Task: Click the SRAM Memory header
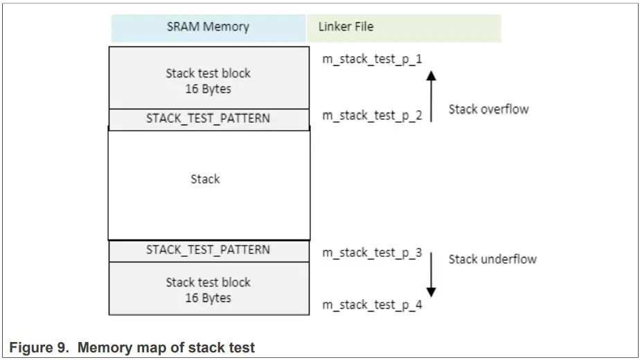208,28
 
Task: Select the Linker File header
346,27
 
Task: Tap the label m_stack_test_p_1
372,59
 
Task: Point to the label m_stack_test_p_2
372,116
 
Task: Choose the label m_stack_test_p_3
372,253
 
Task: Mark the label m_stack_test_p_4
372,305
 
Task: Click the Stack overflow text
488,109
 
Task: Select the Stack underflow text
492,259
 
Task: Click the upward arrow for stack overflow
431,97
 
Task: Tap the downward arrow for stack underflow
431,273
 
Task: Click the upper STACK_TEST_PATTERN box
208,118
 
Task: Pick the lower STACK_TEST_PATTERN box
208,250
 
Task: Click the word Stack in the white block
205,179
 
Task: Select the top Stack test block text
208,73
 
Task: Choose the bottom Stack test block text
208,282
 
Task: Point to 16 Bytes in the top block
208,89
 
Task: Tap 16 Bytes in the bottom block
208,298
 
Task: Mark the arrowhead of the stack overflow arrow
431,75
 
